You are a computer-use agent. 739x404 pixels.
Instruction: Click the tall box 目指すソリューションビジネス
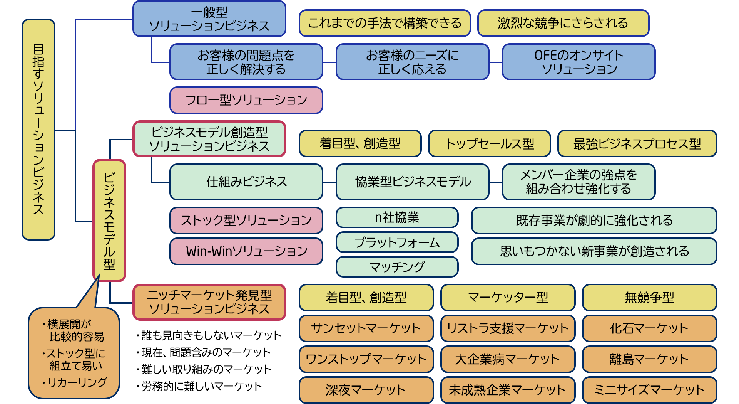click(x=38, y=130)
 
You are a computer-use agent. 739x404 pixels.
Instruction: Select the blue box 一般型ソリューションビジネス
click(x=209, y=19)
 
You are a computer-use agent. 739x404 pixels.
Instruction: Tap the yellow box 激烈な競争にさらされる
click(x=563, y=23)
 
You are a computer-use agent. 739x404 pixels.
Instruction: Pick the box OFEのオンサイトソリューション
click(x=578, y=62)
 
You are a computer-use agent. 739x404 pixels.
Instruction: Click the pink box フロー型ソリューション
click(x=246, y=100)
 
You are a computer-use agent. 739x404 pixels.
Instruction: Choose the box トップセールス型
click(x=489, y=144)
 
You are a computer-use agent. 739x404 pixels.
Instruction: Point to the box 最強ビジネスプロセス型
click(x=637, y=144)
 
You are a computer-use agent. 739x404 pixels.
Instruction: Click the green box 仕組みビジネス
click(x=246, y=182)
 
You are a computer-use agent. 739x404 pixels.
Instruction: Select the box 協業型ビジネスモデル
click(x=413, y=182)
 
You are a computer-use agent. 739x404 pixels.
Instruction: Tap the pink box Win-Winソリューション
click(x=246, y=251)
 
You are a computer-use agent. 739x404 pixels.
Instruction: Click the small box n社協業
click(x=397, y=218)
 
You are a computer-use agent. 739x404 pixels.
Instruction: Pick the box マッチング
click(x=397, y=267)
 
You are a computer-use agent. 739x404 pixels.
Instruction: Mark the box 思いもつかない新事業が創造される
click(x=594, y=251)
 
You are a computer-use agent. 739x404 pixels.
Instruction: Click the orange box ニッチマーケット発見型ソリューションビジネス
click(x=209, y=302)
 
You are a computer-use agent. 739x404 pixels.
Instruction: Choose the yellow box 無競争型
click(x=649, y=298)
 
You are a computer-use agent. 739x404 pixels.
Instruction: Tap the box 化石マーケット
click(x=649, y=328)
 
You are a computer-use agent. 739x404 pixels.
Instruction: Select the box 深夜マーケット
click(x=366, y=390)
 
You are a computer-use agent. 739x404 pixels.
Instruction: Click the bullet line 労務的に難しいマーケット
click(x=201, y=386)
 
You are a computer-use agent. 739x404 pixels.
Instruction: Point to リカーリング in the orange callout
click(x=77, y=382)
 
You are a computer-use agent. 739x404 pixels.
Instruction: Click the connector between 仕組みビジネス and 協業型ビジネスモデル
click(x=329, y=182)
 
